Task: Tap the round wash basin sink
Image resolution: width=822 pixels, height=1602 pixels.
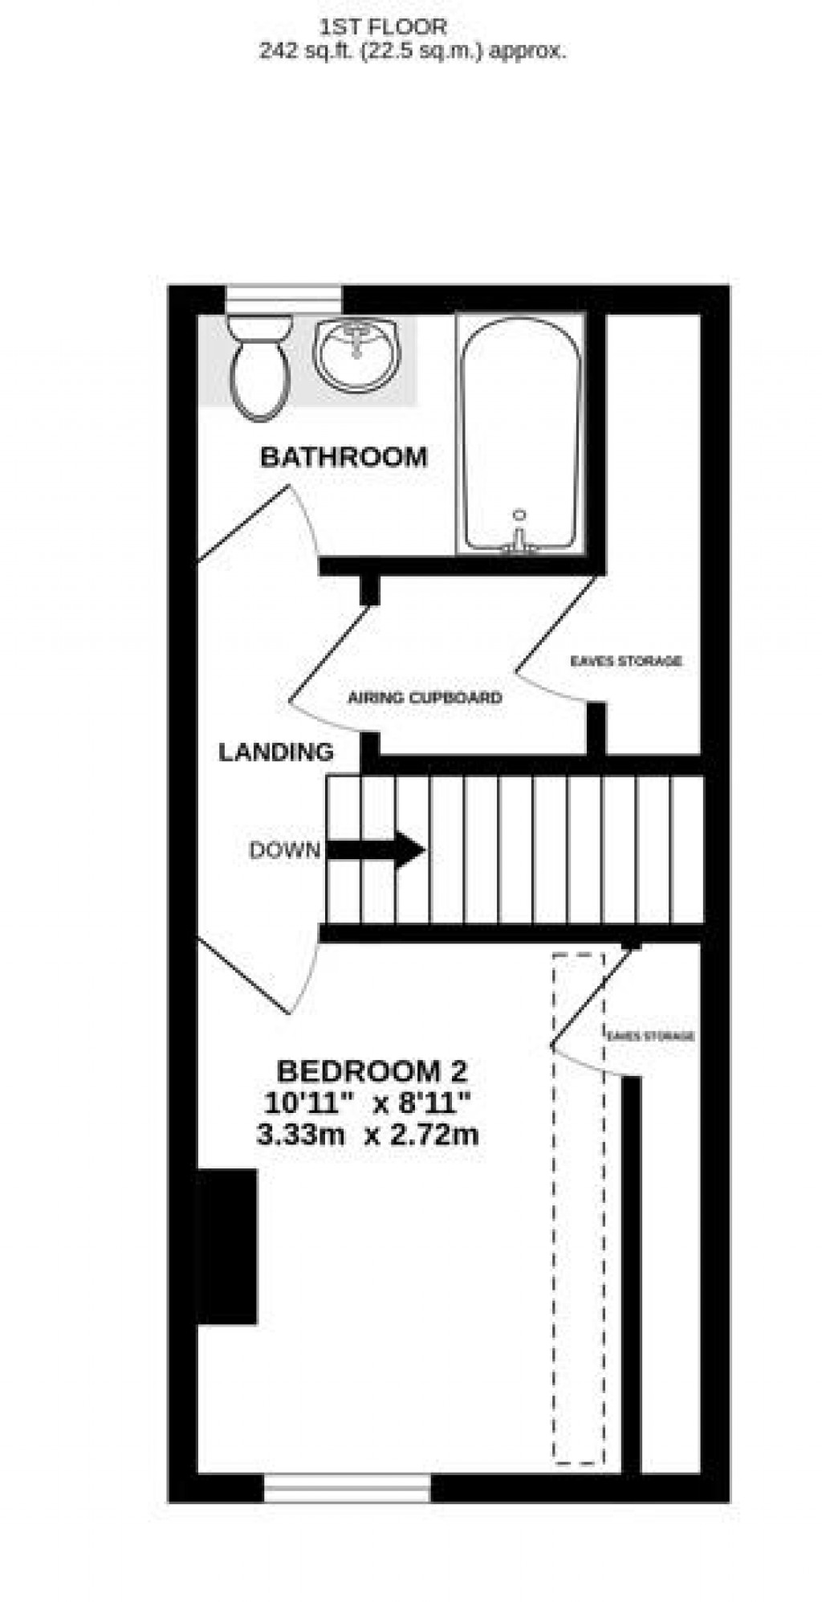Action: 356,353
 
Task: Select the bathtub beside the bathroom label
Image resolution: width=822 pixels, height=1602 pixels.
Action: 519,434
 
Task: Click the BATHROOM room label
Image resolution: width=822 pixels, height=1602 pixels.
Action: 344,457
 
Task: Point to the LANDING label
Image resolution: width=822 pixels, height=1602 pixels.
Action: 276,752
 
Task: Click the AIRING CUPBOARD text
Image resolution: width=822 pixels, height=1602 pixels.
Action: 425,698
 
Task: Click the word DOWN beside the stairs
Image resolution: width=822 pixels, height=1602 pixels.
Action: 284,850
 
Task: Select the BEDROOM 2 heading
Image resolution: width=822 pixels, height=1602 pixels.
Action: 372,1071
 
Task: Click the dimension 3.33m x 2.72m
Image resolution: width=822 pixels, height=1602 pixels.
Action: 367,1135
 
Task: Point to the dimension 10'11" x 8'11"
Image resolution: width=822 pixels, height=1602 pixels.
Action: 367,1103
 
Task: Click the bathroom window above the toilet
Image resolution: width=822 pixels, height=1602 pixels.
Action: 283,299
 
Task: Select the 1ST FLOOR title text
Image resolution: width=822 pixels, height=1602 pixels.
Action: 383,27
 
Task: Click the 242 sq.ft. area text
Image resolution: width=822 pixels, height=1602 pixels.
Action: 412,51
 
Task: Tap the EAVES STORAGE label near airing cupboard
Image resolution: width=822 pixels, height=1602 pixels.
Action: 625,661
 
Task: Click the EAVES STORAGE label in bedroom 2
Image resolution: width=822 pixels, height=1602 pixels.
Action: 650,1036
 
